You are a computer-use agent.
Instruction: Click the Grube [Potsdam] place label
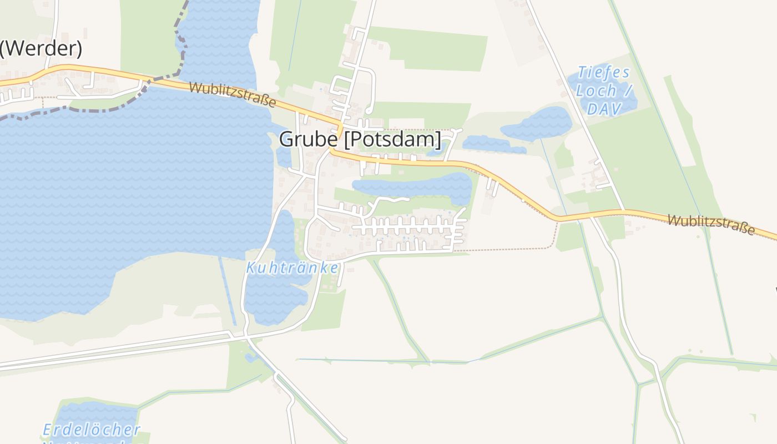tap(360, 139)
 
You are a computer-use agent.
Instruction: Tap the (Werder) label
tap(41, 49)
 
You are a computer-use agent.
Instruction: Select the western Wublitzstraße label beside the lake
tap(233, 94)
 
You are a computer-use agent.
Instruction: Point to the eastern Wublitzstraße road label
tap(711, 224)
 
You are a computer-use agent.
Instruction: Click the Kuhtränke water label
tap(292, 268)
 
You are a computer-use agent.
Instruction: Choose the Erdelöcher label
tap(92, 430)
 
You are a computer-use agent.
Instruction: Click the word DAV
tap(604, 109)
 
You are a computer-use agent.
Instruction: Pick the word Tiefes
tap(604, 72)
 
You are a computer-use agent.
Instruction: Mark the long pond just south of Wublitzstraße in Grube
tap(413, 186)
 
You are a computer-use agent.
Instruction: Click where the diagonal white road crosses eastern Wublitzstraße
tap(623, 211)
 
